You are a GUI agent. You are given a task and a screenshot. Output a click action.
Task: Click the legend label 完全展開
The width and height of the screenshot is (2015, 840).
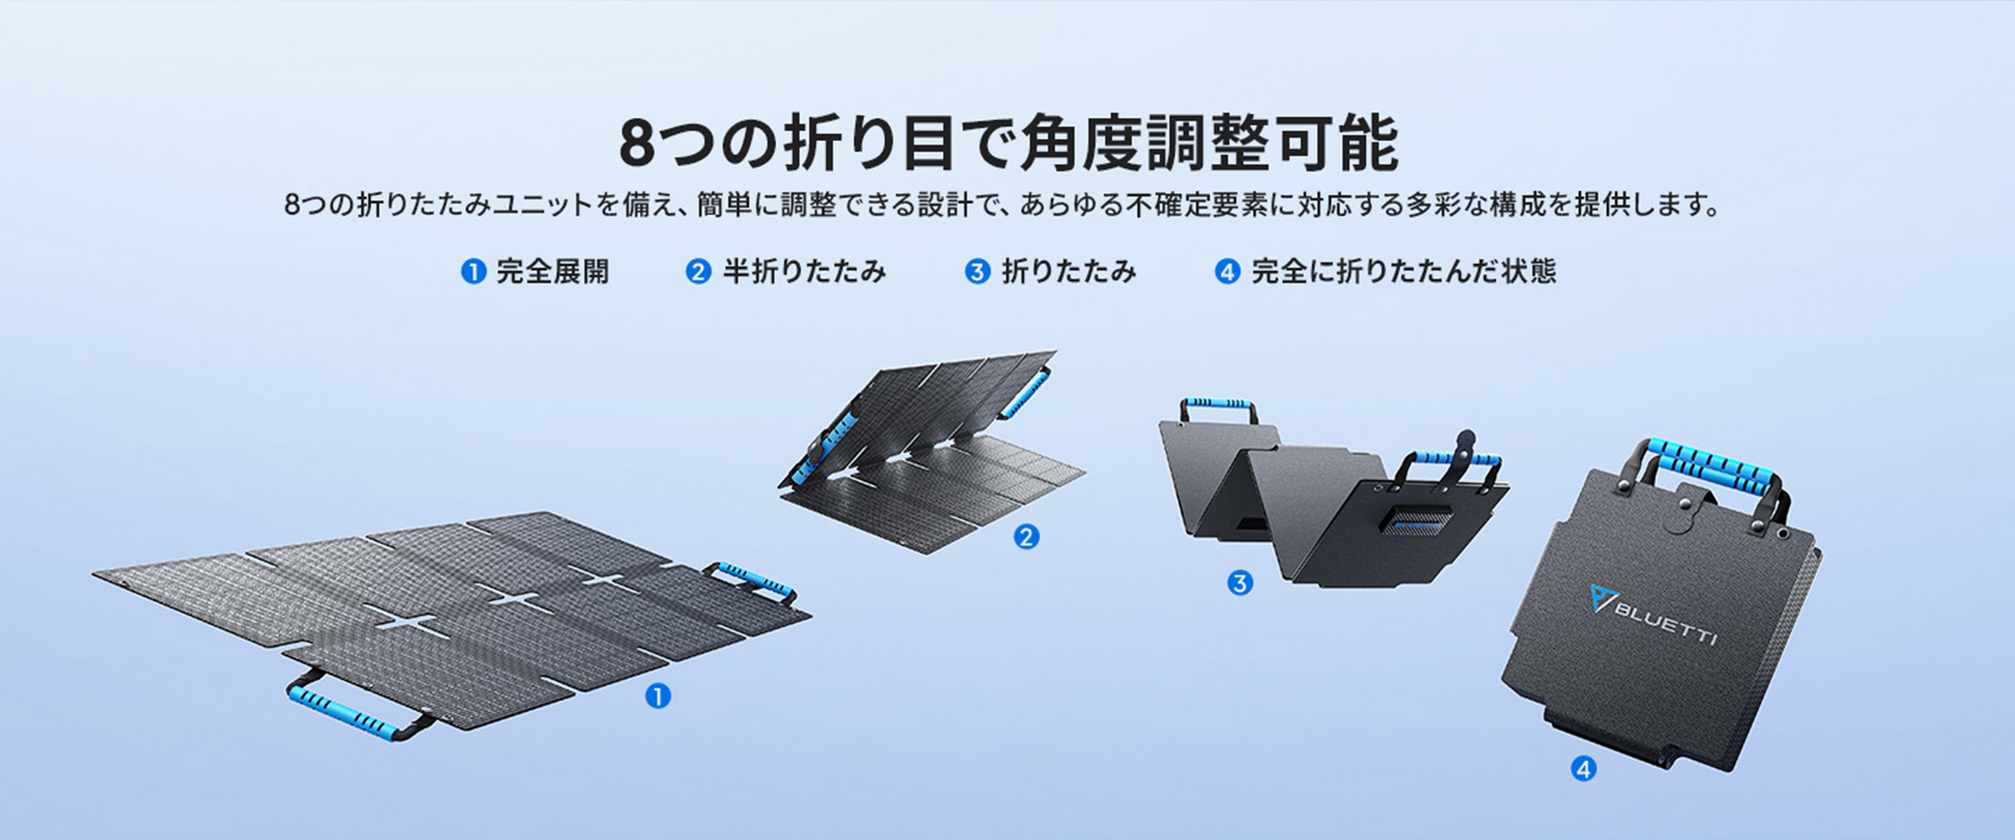(x=553, y=272)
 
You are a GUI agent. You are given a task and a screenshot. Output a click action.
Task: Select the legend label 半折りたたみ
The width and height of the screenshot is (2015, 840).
(x=804, y=272)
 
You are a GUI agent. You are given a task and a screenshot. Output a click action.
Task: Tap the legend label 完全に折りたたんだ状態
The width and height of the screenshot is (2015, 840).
(x=1403, y=272)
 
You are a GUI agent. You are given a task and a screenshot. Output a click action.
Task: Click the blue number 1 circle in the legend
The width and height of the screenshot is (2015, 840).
(x=473, y=272)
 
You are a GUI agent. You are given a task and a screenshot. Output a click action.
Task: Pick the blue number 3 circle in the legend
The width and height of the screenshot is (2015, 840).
(x=978, y=272)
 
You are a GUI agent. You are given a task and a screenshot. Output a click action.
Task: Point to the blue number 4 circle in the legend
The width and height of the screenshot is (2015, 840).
(x=1227, y=272)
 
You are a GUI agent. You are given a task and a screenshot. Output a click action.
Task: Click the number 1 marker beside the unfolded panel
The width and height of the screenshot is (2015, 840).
(x=658, y=696)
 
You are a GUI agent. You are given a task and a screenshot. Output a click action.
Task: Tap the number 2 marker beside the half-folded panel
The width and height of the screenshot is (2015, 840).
(x=1026, y=537)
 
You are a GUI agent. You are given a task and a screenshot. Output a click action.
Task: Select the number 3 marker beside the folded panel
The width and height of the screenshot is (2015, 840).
(x=1240, y=583)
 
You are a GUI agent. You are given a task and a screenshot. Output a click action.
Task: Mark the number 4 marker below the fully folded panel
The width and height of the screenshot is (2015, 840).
(x=1584, y=768)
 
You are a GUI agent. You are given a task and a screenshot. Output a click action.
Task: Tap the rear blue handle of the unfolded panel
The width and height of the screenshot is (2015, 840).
(x=753, y=581)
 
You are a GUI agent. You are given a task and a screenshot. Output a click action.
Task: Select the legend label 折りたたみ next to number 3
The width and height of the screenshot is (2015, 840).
(x=1069, y=272)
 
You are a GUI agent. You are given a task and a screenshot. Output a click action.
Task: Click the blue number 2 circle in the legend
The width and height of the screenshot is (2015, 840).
(x=698, y=272)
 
